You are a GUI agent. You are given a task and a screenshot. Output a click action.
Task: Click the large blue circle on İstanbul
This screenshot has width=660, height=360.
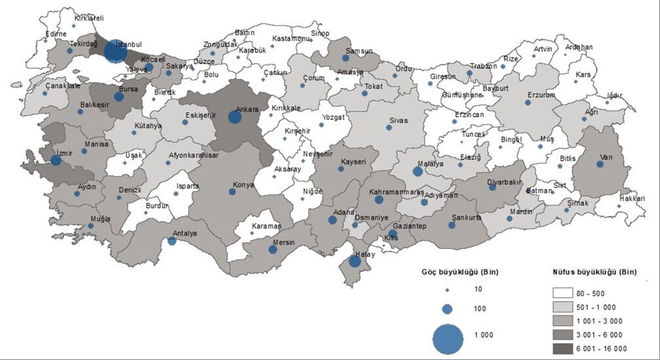[115, 52]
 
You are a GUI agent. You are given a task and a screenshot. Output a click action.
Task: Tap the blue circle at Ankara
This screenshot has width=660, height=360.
[234, 117]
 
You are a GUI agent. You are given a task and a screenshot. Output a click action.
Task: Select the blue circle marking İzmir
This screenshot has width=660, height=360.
[56, 160]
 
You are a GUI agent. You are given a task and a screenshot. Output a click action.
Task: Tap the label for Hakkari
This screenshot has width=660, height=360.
[632, 197]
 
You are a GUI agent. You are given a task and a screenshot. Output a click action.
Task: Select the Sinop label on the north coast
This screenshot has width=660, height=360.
[319, 33]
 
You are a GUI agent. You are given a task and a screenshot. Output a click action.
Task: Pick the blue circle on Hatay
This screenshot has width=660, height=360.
[355, 261]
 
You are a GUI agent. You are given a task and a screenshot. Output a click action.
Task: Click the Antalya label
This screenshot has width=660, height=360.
[185, 233]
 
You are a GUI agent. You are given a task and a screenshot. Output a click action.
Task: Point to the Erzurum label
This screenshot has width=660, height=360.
[541, 95]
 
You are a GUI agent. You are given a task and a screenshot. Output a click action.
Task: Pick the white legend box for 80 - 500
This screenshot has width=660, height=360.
[568, 293]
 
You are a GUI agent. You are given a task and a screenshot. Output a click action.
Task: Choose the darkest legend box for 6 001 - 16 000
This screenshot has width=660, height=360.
[568, 348]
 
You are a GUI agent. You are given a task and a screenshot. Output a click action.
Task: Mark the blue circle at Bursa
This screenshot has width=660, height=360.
[119, 97]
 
